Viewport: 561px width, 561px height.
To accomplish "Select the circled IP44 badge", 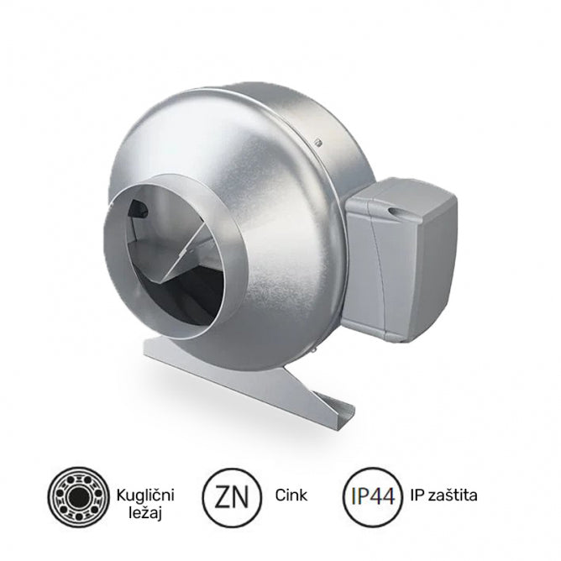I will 372,495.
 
